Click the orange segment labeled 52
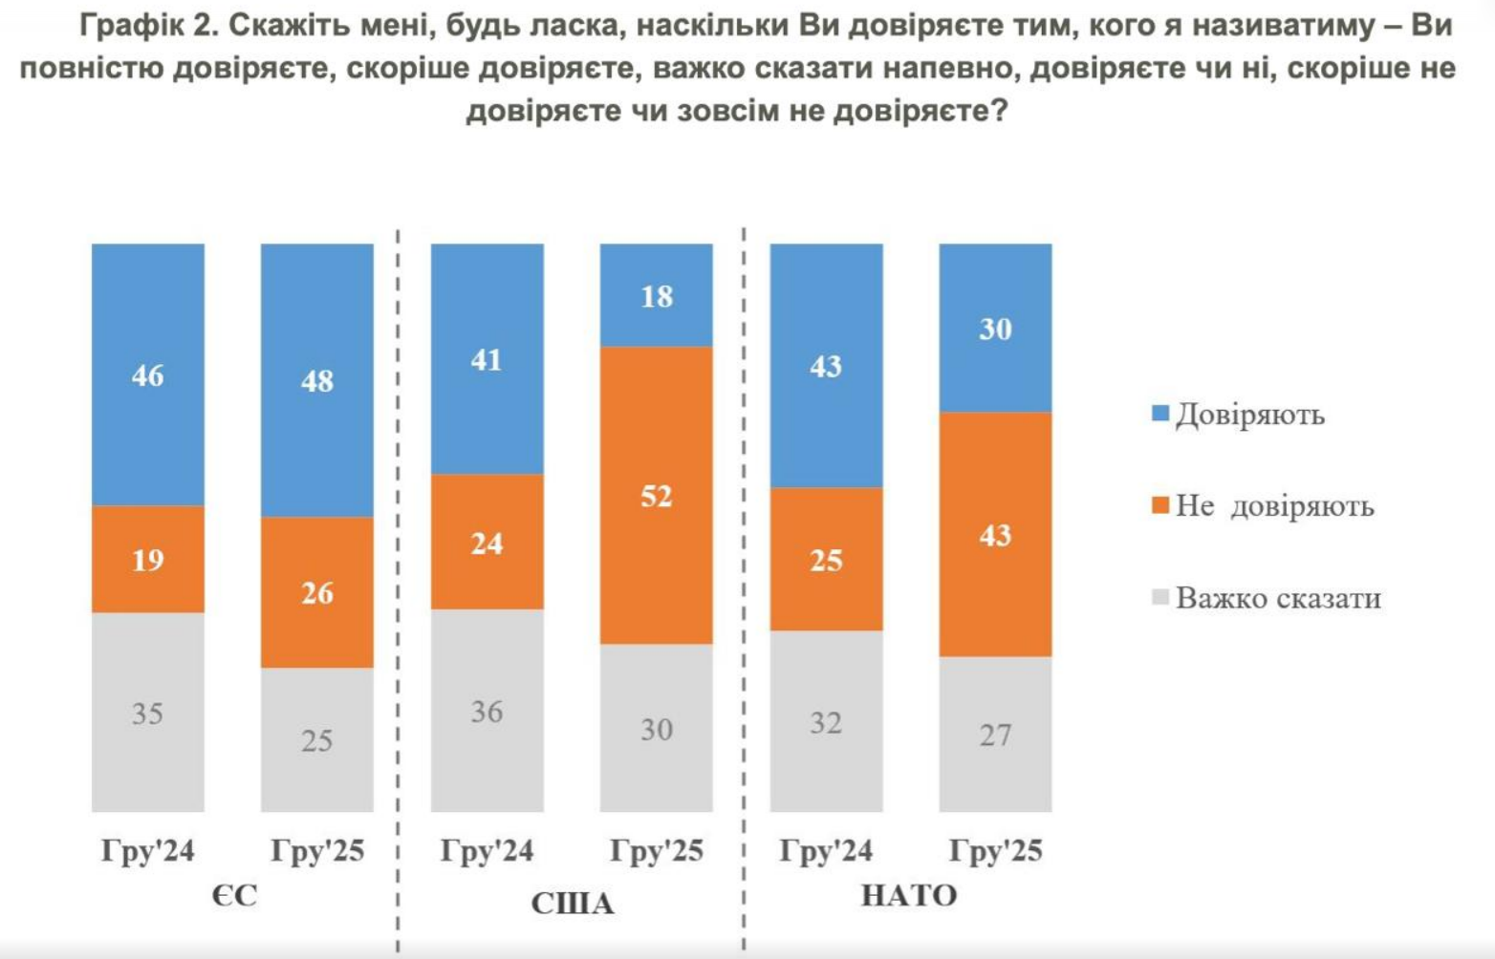(x=656, y=495)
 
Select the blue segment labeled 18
(x=656, y=295)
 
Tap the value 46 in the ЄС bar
(x=148, y=375)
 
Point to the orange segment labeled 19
(x=148, y=559)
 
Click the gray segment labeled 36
(x=487, y=711)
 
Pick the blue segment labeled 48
(x=317, y=380)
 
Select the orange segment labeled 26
(x=317, y=592)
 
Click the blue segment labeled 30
(x=995, y=329)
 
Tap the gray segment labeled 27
(x=995, y=734)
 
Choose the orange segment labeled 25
(x=826, y=559)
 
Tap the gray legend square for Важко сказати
(x=1161, y=598)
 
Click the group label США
(x=572, y=903)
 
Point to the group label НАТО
(x=909, y=896)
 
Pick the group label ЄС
(x=234, y=896)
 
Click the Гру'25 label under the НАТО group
(x=995, y=850)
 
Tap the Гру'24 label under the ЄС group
(x=148, y=850)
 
